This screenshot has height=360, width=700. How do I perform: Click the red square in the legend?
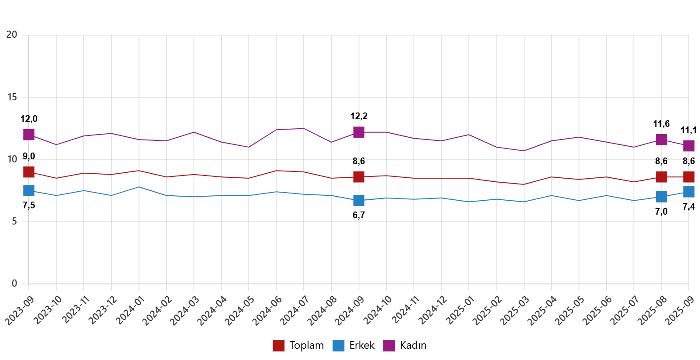click(x=278, y=346)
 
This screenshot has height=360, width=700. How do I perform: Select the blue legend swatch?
click(x=338, y=346)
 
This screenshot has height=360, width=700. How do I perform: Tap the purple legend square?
click(x=389, y=346)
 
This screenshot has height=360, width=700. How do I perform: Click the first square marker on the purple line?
click(x=29, y=134)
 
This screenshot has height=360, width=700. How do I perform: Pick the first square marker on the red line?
click(x=29, y=172)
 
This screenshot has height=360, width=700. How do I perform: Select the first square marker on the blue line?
click(x=29, y=190)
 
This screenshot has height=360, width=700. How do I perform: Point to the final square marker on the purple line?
click(x=688, y=146)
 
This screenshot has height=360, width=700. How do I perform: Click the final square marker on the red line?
click(x=688, y=177)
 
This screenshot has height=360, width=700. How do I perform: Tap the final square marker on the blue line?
click(x=688, y=191)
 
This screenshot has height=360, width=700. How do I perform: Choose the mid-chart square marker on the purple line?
click(x=359, y=132)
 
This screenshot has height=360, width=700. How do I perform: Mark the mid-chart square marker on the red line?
click(x=359, y=177)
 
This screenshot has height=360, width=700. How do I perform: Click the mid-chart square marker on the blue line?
click(x=359, y=200)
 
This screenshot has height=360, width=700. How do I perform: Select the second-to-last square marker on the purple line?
click(x=661, y=140)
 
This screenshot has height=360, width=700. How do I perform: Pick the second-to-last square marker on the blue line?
click(x=661, y=197)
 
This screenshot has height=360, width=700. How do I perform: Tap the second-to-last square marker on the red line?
click(x=661, y=177)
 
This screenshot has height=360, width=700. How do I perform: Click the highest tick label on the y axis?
click(x=10, y=34)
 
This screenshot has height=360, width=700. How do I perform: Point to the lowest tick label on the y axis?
click(x=14, y=283)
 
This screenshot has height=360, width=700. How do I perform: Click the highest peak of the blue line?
click(x=139, y=186)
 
